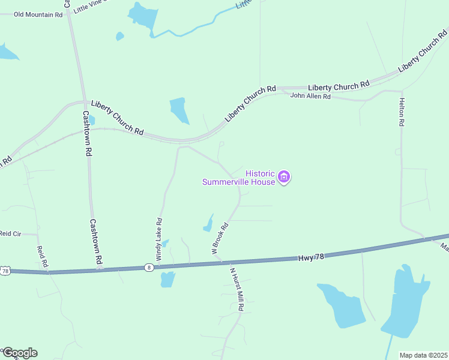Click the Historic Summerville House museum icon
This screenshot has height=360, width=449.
pos(285,177)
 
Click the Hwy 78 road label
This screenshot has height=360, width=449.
pos(311,257)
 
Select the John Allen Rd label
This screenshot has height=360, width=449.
pos(310,96)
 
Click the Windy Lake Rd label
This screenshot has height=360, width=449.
pos(160,239)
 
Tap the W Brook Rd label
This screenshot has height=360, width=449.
pos(220,239)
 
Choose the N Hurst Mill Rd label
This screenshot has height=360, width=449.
pos(237,289)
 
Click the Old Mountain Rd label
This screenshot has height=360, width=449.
pos(38,14)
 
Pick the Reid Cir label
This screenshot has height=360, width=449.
pos(10,233)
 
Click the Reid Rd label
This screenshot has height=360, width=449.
pos(41,257)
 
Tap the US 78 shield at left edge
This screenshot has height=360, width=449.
pos(5,271)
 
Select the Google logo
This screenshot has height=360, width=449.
pos(19,353)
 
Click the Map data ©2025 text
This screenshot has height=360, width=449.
pos(424,355)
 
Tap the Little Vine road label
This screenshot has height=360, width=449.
pos(90,7)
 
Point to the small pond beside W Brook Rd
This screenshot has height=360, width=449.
pos(209,223)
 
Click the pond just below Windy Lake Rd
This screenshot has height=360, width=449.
pos(167,279)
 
